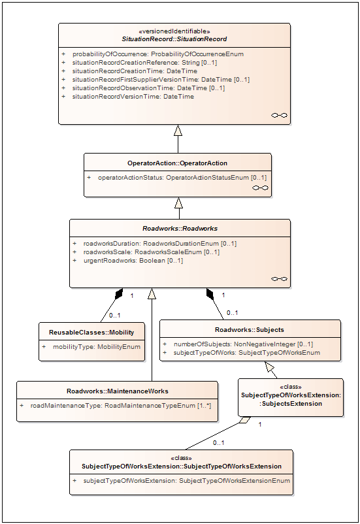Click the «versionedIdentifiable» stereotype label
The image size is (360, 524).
[x=174, y=31]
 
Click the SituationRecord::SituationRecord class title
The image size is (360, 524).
[x=174, y=39]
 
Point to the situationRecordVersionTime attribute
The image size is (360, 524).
[x=133, y=97]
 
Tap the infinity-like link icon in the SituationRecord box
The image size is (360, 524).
[x=279, y=115]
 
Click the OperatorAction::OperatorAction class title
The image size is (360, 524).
[x=177, y=163]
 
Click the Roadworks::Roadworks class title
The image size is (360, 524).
[x=180, y=229]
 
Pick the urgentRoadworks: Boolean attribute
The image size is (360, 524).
[x=133, y=261]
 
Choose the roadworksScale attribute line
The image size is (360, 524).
[x=152, y=252]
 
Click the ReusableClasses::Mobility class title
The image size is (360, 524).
[x=91, y=333]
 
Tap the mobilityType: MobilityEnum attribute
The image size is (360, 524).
[x=97, y=347]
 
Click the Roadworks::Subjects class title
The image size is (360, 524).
[x=250, y=330]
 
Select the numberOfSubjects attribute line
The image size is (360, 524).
[x=243, y=344]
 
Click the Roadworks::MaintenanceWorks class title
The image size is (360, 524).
[x=118, y=391]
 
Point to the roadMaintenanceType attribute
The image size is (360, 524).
[x=121, y=406]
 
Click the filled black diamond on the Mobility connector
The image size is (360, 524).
[x=119, y=293]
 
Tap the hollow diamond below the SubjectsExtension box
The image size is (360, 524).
[x=245, y=420]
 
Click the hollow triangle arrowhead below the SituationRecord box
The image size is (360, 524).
[x=178, y=130]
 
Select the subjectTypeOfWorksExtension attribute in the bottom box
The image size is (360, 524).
[x=186, y=481]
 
